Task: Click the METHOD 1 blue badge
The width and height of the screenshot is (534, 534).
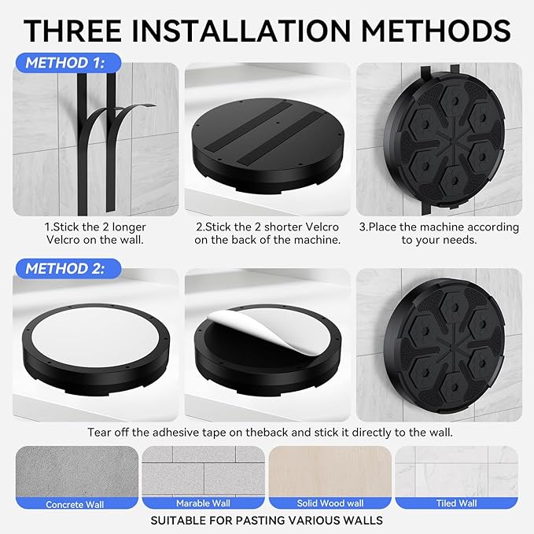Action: coord(68,63)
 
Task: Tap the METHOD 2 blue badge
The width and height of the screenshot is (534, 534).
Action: coord(68,269)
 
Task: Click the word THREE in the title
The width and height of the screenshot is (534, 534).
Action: coord(72,31)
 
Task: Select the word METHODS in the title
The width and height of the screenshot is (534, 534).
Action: coord(436,31)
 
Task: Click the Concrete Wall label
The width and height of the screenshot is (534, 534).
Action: coord(75,504)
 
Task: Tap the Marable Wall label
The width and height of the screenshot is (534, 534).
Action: coord(203,503)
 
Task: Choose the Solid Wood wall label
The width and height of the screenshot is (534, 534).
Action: coord(330,503)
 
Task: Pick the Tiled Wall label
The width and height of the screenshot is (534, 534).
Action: coord(456,503)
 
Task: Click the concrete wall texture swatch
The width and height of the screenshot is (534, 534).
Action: coord(77,472)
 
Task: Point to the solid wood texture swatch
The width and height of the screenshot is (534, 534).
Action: coord(330,472)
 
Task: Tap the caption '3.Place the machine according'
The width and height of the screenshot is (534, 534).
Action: coord(439,227)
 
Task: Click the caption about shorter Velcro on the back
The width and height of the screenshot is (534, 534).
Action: coord(267,234)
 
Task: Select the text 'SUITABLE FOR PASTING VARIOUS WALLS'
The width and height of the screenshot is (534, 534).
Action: coord(267,521)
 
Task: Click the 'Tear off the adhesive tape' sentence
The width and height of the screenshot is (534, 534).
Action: coord(270,433)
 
